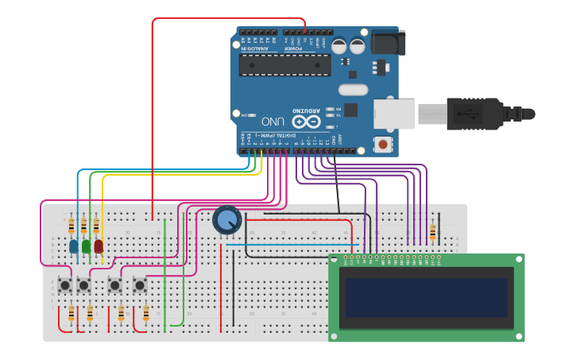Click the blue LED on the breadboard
[74, 246]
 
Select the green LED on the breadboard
[86, 246]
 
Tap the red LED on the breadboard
[99, 246]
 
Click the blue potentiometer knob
[226, 220]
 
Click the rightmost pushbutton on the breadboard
[140, 284]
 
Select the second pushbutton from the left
[83, 284]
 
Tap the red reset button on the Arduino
[384, 145]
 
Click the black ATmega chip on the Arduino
[284, 64]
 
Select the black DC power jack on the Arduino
[389, 42]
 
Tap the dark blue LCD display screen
[426, 296]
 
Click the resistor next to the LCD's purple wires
[432, 231]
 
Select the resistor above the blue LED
[72, 227]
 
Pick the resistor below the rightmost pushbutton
[146, 314]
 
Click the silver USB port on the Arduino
[395, 114]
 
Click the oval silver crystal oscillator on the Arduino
[353, 90]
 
